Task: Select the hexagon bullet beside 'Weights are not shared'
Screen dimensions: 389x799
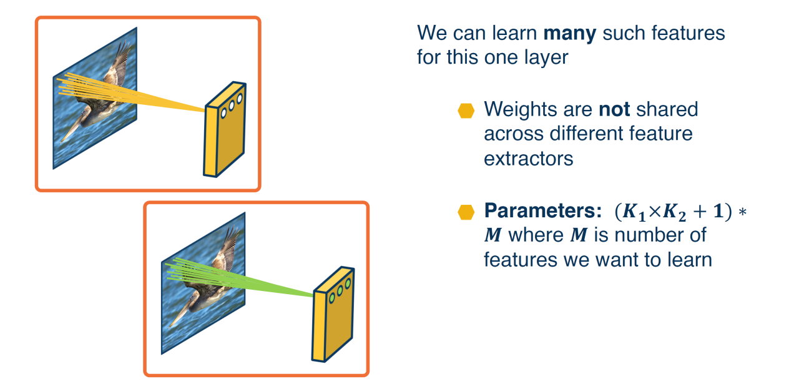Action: [466, 111]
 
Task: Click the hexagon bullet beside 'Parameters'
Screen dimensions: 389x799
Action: [466, 212]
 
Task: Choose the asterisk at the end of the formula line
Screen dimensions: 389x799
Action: [743, 212]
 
